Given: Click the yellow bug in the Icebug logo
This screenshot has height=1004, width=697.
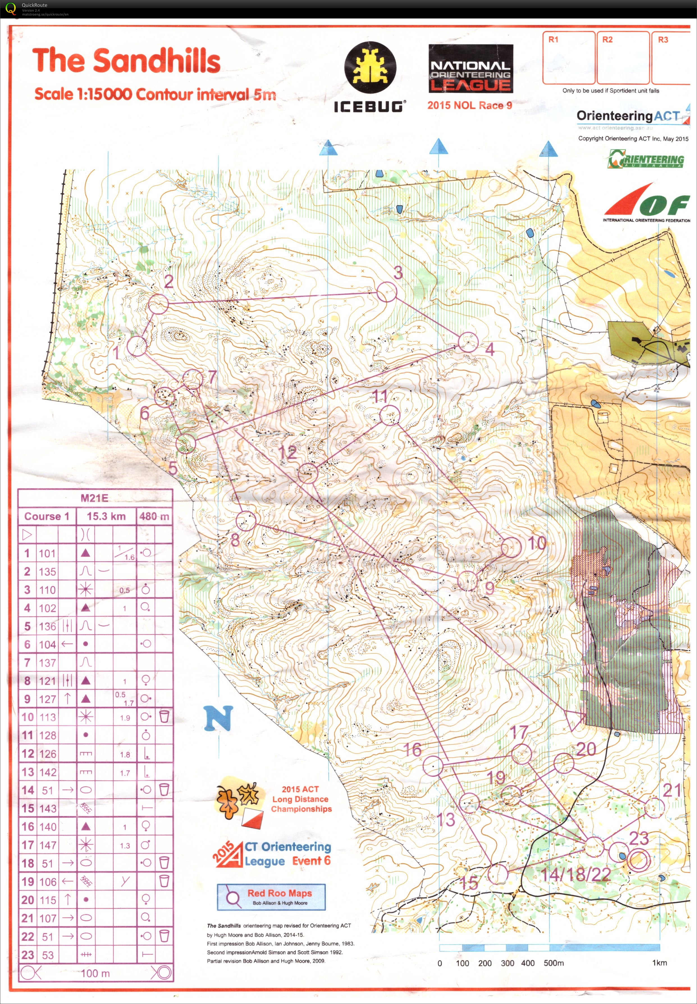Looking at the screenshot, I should [x=370, y=67].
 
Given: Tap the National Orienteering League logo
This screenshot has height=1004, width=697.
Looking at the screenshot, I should [x=470, y=69].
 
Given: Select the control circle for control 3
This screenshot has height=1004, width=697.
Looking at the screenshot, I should [x=387, y=292].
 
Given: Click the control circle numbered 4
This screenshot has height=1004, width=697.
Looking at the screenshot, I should [x=468, y=342].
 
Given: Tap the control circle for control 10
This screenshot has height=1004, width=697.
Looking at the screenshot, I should [x=511, y=547].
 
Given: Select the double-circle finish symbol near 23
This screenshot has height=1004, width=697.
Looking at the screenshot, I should [x=639, y=860].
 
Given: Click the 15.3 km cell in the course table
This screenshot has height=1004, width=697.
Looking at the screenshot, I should [x=106, y=516].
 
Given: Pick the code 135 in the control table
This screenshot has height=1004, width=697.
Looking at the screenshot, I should [x=47, y=572].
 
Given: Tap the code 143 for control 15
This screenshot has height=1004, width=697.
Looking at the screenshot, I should [x=47, y=808].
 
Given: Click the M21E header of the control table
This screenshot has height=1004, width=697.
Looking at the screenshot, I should [x=94, y=498].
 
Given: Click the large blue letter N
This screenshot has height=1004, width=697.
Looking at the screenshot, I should [x=218, y=718].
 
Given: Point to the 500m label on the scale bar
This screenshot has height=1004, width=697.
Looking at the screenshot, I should [x=553, y=963].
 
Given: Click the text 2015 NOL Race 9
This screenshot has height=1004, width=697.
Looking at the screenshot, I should [x=469, y=105].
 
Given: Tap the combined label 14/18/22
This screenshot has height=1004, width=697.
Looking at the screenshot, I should [x=575, y=874].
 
